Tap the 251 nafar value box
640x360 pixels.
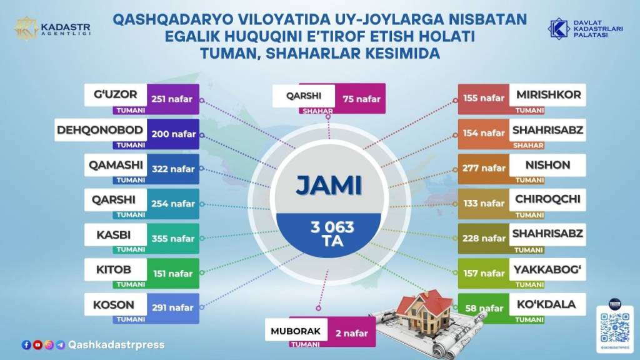(x=173, y=99)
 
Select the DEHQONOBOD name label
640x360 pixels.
(x=101, y=130)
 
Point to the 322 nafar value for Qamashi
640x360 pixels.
(x=173, y=169)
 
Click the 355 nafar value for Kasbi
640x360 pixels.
(x=173, y=238)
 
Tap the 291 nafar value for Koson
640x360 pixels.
(x=173, y=308)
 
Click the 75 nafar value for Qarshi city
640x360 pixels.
(x=361, y=99)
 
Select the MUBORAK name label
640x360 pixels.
(x=296, y=331)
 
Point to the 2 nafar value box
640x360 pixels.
(x=351, y=332)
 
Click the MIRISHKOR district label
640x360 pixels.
(x=547, y=95)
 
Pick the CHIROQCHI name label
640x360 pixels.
(x=547, y=199)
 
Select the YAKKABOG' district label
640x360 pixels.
(x=547, y=269)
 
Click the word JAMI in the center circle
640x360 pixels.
(x=329, y=186)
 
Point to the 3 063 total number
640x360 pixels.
(x=332, y=227)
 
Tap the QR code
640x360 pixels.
(x=615, y=327)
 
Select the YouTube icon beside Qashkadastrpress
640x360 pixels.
(x=37, y=345)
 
